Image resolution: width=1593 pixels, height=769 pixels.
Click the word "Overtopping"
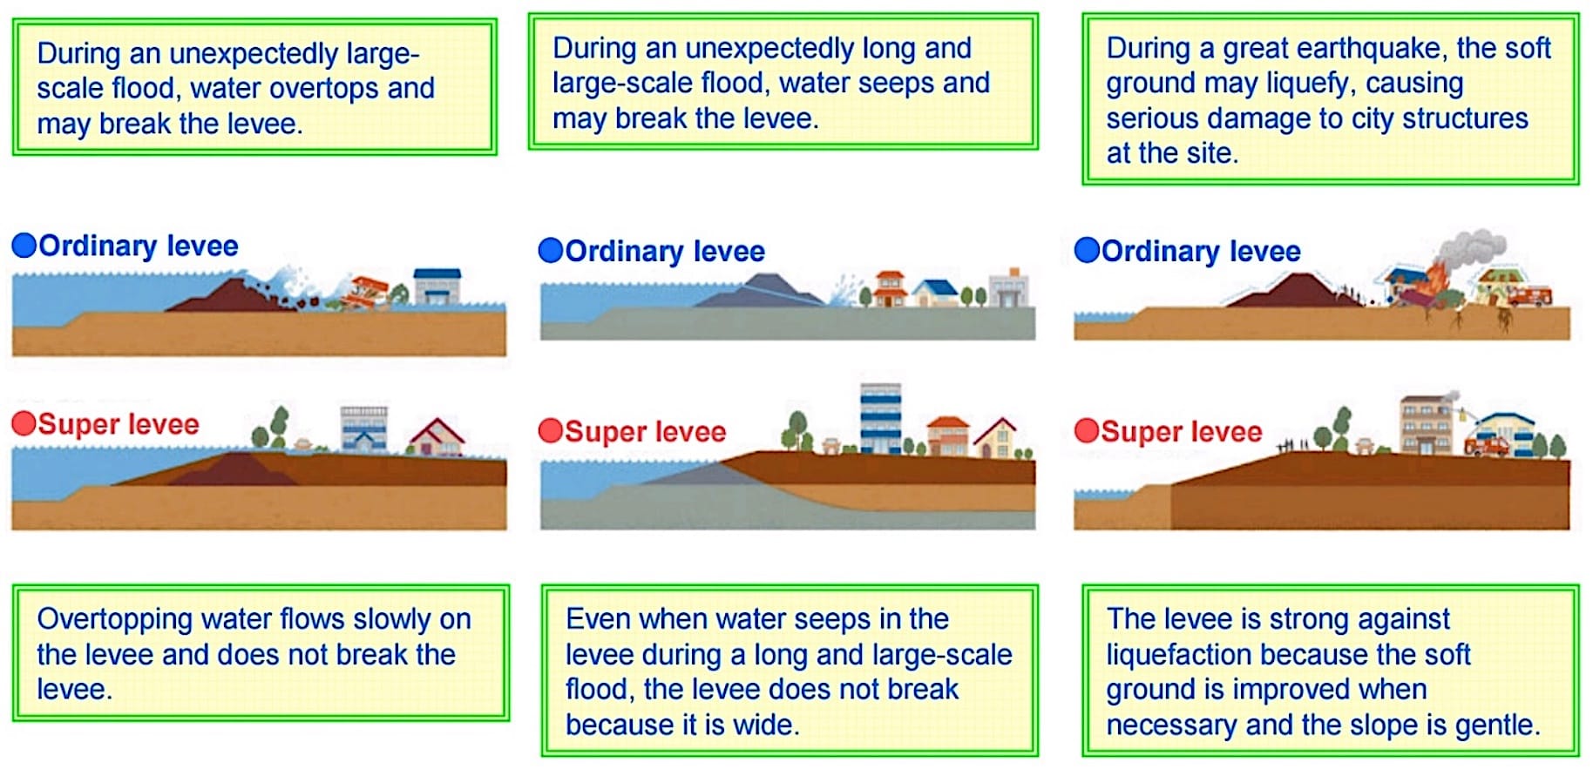pyautogui.click(x=115, y=620)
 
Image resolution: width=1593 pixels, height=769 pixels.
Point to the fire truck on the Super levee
pyautogui.click(x=1487, y=445)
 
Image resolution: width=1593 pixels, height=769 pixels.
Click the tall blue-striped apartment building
pyautogui.click(x=880, y=418)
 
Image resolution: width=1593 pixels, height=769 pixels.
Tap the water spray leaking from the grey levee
pyautogui.click(x=842, y=289)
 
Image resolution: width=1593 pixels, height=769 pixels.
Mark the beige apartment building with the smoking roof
pyautogui.click(x=1426, y=424)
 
